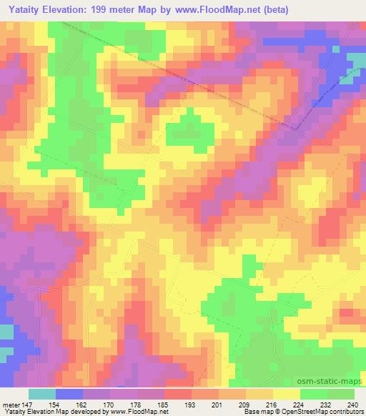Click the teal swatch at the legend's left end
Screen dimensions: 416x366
pyautogui.click(x=42, y=394)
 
